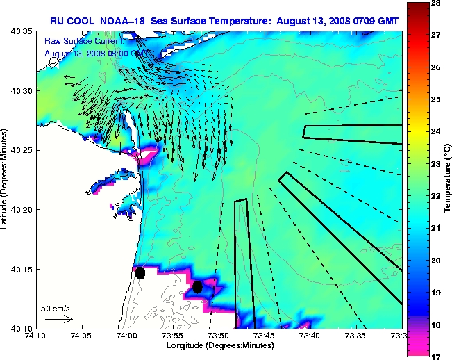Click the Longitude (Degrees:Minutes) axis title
point(219,345)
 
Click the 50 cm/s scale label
point(54,308)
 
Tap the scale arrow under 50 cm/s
point(58,319)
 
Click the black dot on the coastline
point(140,272)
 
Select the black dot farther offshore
point(197,286)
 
